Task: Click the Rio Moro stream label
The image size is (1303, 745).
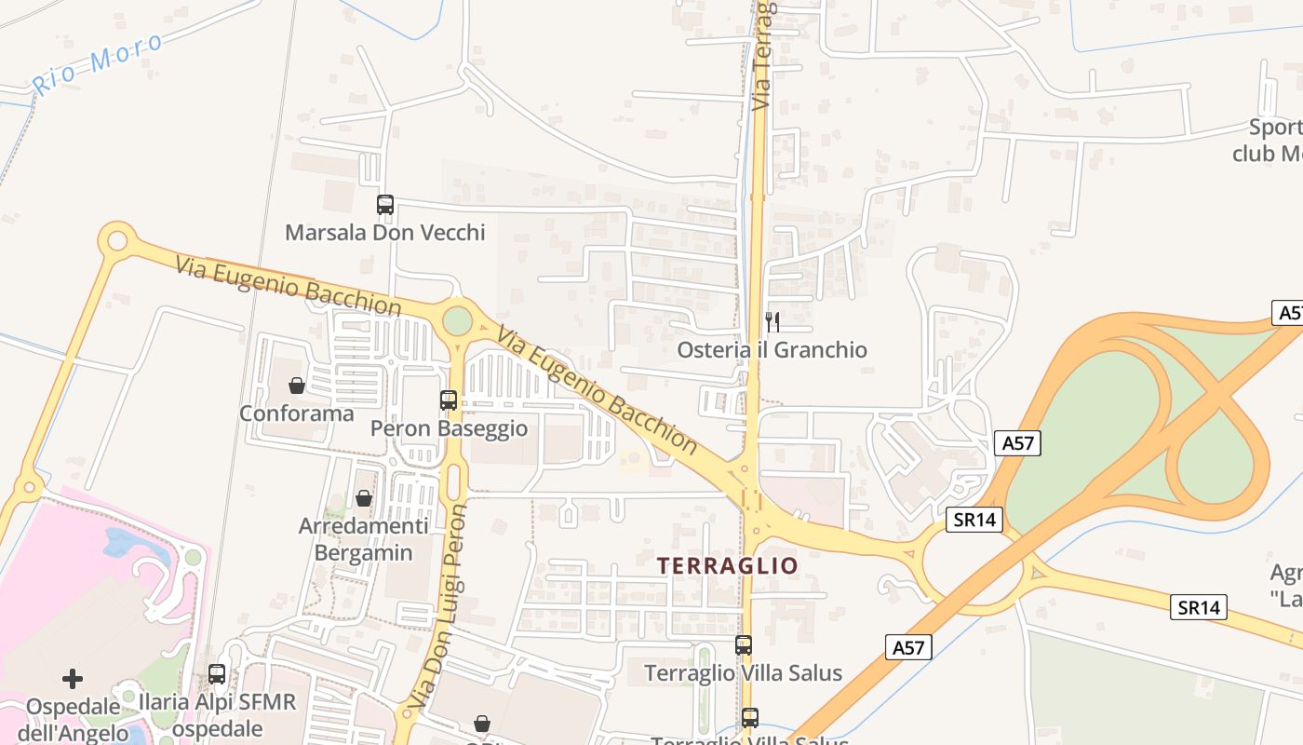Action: coord(98,63)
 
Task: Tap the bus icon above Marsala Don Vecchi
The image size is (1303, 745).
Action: coord(384,205)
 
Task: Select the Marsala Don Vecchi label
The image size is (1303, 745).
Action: coord(384,233)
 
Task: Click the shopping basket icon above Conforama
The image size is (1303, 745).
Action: coord(297,385)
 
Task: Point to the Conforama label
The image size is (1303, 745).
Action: coord(297,413)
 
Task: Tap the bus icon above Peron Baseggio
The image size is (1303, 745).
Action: coord(449,400)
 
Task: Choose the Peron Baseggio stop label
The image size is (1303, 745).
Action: coord(449,428)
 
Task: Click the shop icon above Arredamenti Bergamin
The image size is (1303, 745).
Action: coord(364,498)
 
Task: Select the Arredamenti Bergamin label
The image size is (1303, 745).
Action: coord(364,539)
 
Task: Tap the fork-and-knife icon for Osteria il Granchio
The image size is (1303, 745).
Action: coord(772,322)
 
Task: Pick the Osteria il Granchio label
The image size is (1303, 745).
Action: coord(772,350)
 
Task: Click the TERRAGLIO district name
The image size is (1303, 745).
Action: coord(728,565)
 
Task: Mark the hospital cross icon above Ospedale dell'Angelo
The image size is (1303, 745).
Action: coord(73,678)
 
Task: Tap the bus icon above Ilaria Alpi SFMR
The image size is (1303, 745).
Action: coord(217,674)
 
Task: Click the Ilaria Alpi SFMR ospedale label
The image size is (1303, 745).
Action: coord(217,713)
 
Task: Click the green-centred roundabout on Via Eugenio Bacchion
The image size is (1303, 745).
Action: coord(457,320)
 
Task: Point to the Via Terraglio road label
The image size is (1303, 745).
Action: coord(763,56)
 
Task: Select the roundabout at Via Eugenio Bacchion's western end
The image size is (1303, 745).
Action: coord(117,240)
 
